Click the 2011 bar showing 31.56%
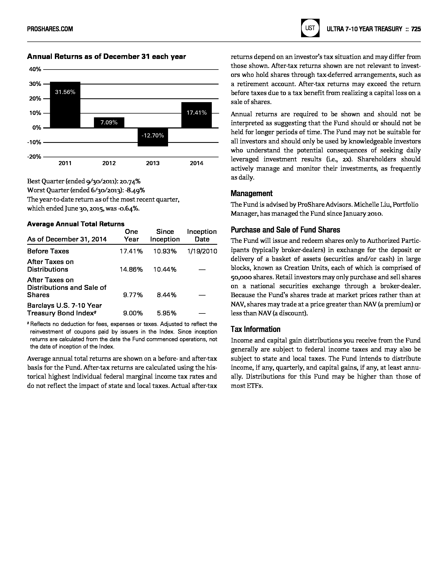(65, 105)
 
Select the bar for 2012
(109, 123)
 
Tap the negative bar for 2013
(153, 137)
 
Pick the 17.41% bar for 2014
(196, 115)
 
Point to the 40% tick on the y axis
(35, 69)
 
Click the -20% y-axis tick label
(34, 157)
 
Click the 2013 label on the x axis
(153, 163)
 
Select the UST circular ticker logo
(310, 28)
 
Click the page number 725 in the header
(416, 29)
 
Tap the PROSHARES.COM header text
(50, 29)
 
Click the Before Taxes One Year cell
(131, 251)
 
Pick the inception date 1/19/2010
(202, 251)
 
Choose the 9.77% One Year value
(133, 295)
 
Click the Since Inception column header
(165, 236)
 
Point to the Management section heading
(251, 193)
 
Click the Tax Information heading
(255, 329)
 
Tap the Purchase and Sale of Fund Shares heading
(285, 230)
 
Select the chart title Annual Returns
(106, 56)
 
